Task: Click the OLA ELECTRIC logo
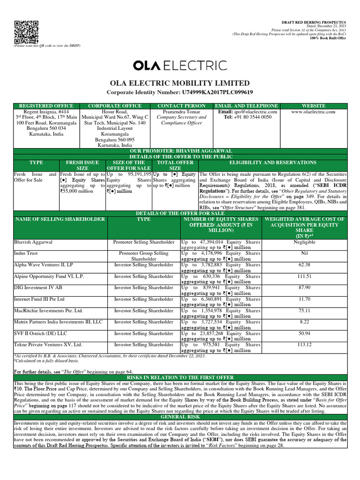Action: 180,66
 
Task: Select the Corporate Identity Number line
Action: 180,92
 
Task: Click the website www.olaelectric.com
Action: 313,112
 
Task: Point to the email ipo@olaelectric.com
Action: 247,112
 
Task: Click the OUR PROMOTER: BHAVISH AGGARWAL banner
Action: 180,150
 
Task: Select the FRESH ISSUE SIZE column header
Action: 82,165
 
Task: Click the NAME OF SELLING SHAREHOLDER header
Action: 60,219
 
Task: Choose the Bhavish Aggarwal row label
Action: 33,242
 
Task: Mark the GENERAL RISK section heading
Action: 180,416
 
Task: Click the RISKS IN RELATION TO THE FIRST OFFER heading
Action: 180,377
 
